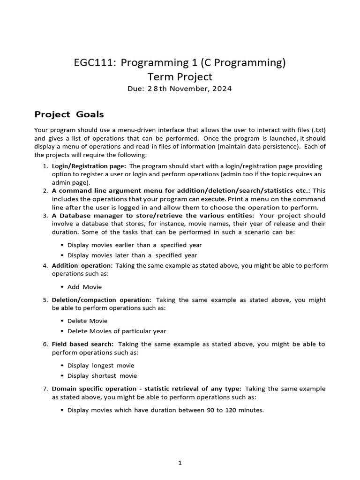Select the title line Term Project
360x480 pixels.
[180, 76]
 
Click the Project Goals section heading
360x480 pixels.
[69, 114]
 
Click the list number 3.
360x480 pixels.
[45, 215]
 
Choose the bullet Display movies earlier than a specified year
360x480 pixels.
[134, 245]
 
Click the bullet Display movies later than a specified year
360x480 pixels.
[132, 255]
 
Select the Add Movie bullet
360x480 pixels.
[84, 286]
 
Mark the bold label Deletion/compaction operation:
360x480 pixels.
[101, 300]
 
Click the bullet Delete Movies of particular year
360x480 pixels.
[117, 331]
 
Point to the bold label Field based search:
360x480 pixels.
[82, 344]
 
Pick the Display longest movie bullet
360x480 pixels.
[100, 365]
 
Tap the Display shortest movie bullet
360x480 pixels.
[102, 375]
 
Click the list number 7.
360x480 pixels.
[45, 389]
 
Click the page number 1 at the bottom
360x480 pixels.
[180, 463]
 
